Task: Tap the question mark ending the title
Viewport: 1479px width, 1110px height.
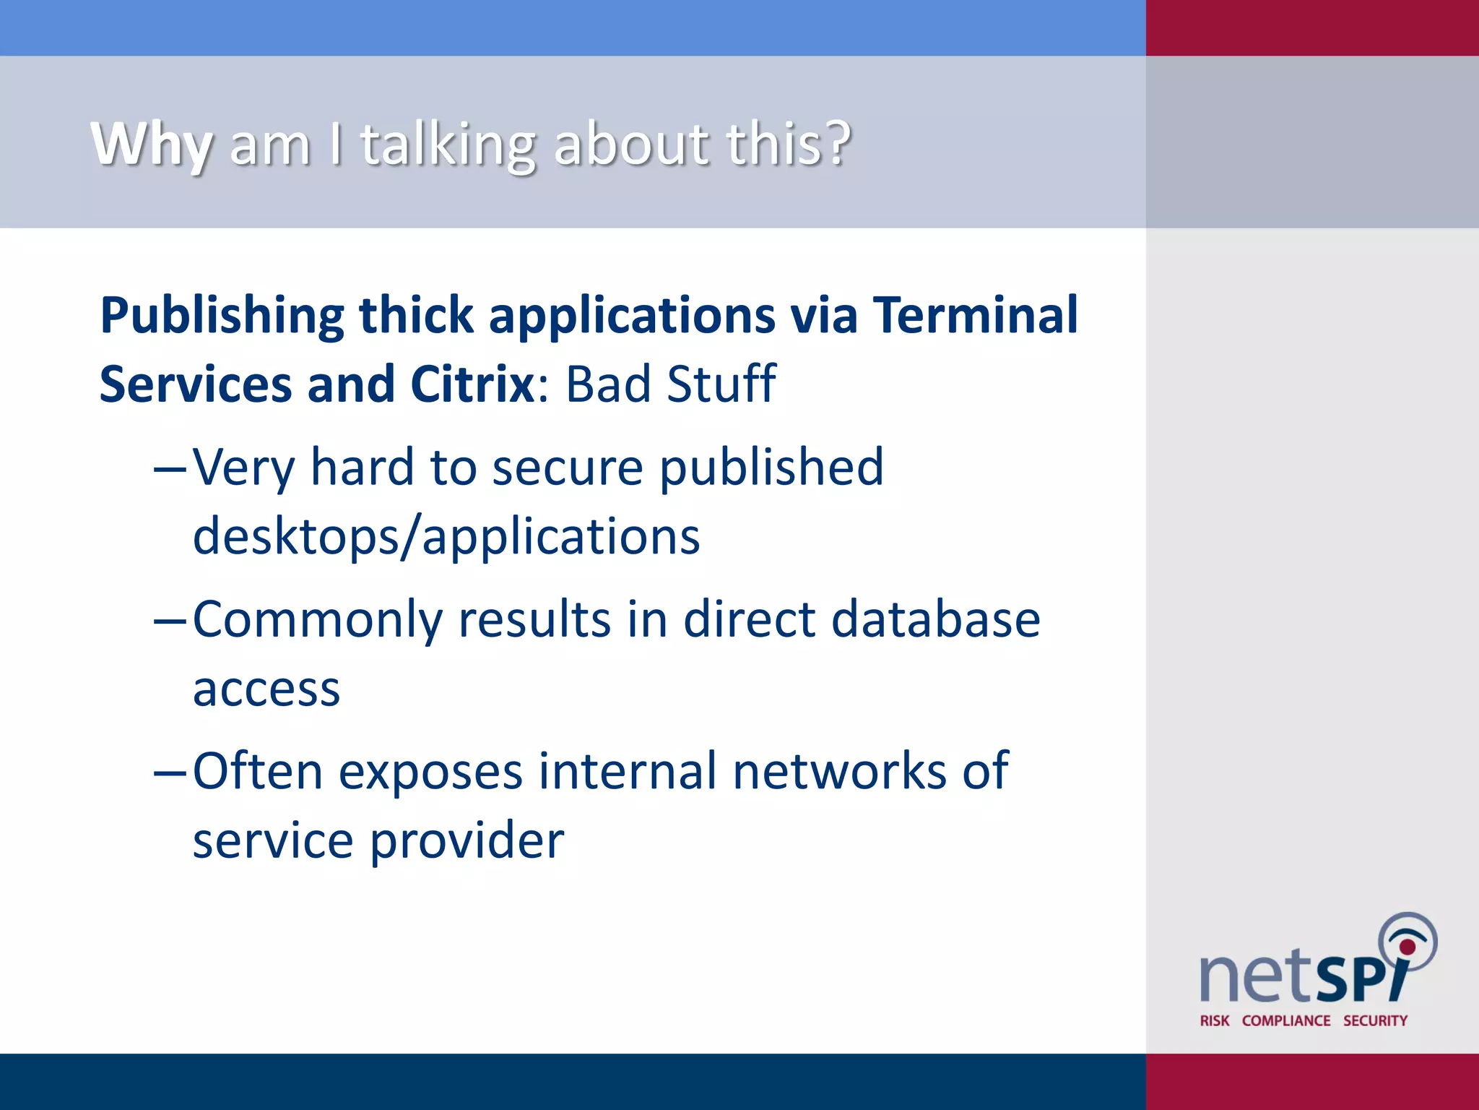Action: [838, 142]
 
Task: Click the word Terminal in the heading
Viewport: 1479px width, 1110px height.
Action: [975, 316]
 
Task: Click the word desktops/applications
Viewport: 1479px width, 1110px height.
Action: [446, 537]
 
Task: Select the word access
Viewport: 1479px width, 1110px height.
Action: [266, 689]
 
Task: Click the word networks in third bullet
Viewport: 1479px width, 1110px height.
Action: [838, 771]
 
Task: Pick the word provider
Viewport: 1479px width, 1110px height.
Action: [467, 840]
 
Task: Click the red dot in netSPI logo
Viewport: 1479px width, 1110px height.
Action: [1407, 947]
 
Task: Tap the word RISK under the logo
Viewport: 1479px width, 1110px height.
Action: [1214, 1020]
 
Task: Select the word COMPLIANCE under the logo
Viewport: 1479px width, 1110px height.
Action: [1285, 1020]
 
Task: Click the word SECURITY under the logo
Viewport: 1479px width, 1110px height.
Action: [1374, 1020]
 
